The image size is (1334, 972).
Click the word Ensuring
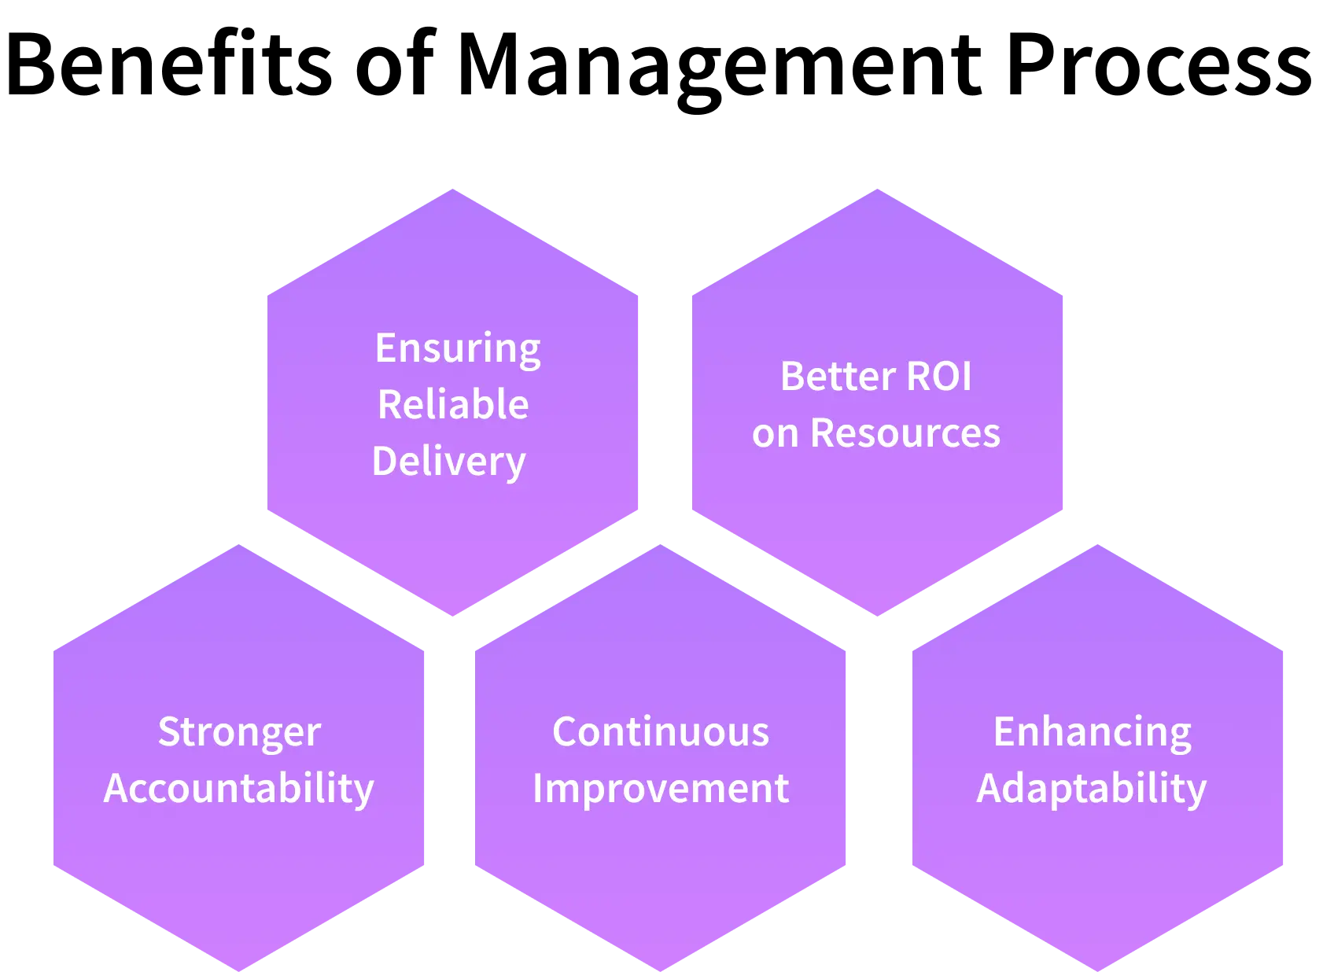[458, 348]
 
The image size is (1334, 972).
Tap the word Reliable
[453, 405]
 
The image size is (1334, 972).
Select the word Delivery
[449, 462]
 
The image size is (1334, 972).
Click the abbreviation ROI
[939, 376]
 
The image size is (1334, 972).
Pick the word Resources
[905, 433]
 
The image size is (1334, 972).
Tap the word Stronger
[239, 732]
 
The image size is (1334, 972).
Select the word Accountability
[239, 789]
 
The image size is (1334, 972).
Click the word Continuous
[661, 732]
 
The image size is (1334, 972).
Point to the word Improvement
[661, 789]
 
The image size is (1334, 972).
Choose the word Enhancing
[1093, 732]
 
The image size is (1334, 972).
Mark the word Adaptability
[1092, 789]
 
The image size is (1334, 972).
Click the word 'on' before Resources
[775, 434]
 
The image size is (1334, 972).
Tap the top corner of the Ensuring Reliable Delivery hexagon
[454, 191]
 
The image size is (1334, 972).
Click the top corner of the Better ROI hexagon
[877, 191]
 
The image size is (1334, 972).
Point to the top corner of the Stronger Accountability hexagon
[239, 544]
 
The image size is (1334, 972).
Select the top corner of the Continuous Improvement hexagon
[661, 544]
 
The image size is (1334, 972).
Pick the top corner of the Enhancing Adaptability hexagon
[1098, 544]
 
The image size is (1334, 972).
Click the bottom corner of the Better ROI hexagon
[877, 614]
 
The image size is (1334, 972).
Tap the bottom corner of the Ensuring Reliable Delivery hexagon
[454, 614]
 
